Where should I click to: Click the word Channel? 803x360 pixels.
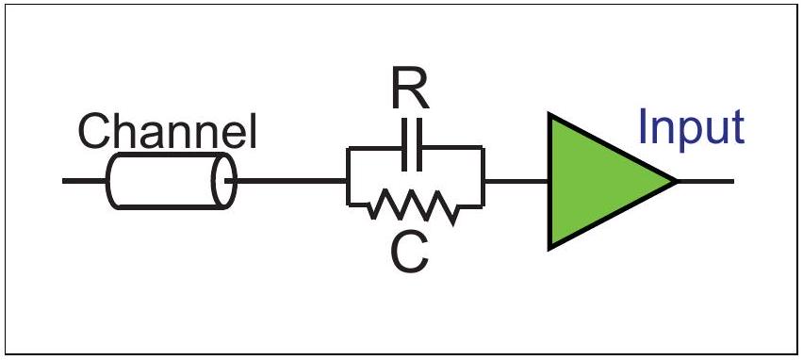pyautogui.click(x=167, y=131)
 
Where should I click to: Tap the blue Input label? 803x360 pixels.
pyautogui.click(x=692, y=127)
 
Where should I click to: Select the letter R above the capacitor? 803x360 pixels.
pyautogui.click(x=410, y=90)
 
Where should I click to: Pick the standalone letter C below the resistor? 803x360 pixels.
pyautogui.click(x=409, y=254)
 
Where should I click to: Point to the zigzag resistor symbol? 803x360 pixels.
pyautogui.click(x=412, y=207)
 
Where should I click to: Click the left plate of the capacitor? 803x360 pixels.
pyautogui.click(x=405, y=145)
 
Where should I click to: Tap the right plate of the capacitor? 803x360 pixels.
pyautogui.click(x=419, y=145)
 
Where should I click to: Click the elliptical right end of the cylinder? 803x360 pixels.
pyautogui.click(x=225, y=181)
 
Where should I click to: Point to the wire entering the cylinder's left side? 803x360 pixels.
pyautogui.click(x=85, y=181)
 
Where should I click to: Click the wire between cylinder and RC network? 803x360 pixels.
pyautogui.click(x=291, y=181)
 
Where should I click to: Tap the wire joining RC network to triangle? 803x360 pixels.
pyautogui.click(x=516, y=181)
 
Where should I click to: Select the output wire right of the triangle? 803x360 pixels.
pyautogui.click(x=706, y=181)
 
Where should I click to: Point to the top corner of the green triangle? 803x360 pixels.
pyautogui.click(x=549, y=113)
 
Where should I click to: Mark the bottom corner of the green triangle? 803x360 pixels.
pyautogui.click(x=549, y=251)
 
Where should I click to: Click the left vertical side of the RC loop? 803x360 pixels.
pyautogui.click(x=348, y=176)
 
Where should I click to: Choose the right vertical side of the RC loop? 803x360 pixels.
pyautogui.click(x=483, y=176)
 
